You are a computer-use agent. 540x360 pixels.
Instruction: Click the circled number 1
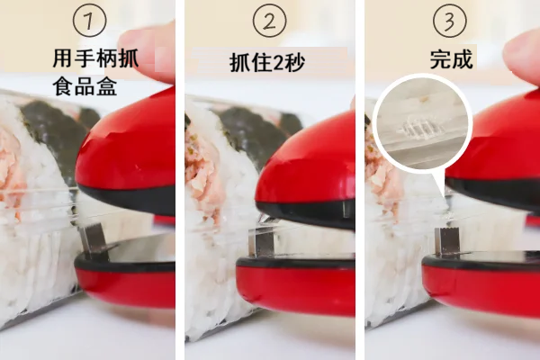pos(89,20)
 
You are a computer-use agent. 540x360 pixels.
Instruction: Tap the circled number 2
pos(269,20)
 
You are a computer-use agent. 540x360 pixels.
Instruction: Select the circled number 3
pos(449,20)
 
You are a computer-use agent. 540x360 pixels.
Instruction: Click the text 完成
pos(451,59)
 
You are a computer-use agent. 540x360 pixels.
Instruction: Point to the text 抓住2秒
pos(267,63)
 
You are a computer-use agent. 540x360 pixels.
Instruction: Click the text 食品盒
pos(85,86)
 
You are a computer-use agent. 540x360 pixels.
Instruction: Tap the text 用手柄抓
pos(95,58)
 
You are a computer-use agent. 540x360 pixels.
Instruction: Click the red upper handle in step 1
pos(129,151)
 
